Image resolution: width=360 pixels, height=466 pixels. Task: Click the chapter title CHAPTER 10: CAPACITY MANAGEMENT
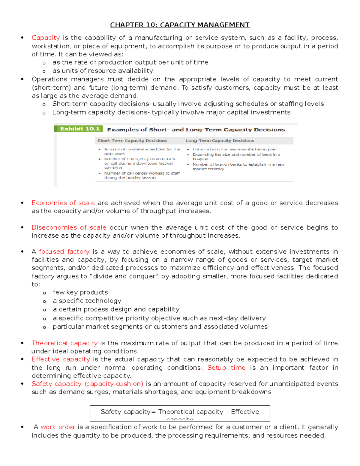pyautogui.click(x=180, y=25)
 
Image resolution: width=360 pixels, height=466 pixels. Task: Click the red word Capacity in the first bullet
pyautogui.click(x=46, y=38)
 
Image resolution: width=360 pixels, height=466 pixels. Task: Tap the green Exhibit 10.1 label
pyautogui.click(x=79, y=129)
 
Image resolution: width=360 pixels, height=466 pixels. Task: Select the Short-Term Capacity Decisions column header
pyautogui.click(x=132, y=141)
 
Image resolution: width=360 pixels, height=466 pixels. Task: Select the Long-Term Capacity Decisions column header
pyautogui.click(x=220, y=141)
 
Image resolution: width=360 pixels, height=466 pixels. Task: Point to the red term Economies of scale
pyautogui.click(x=63, y=203)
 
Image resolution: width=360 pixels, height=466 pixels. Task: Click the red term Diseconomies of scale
pyautogui.click(x=69, y=228)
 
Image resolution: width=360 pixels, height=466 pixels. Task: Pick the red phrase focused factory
pyautogui.click(x=64, y=252)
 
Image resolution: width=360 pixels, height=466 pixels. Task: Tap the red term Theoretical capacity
pyautogui.click(x=64, y=343)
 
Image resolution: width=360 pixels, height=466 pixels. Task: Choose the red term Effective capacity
pyautogui.click(x=61, y=359)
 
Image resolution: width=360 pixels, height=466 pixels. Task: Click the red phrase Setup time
pyautogui.click(x=226, y=368)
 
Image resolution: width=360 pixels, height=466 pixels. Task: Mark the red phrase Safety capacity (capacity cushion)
pyautogui.click(x=87, y=384)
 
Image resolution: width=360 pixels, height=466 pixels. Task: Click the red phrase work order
pyautogui.click(x=58, y=427)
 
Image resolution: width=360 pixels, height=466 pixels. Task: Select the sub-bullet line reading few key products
pyautogui.click(x=80, y=293)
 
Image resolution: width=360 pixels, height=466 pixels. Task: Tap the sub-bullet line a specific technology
pyautogui.click(x=87, y=301)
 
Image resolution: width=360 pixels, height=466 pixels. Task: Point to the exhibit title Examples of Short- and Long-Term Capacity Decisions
pyautogui.click(x=196, y=130)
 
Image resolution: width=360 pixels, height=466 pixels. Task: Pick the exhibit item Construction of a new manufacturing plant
pyautogui.click(x=235, y=149)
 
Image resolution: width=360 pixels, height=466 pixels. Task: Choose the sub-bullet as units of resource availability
pyautogui.click(x=103, y=71)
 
